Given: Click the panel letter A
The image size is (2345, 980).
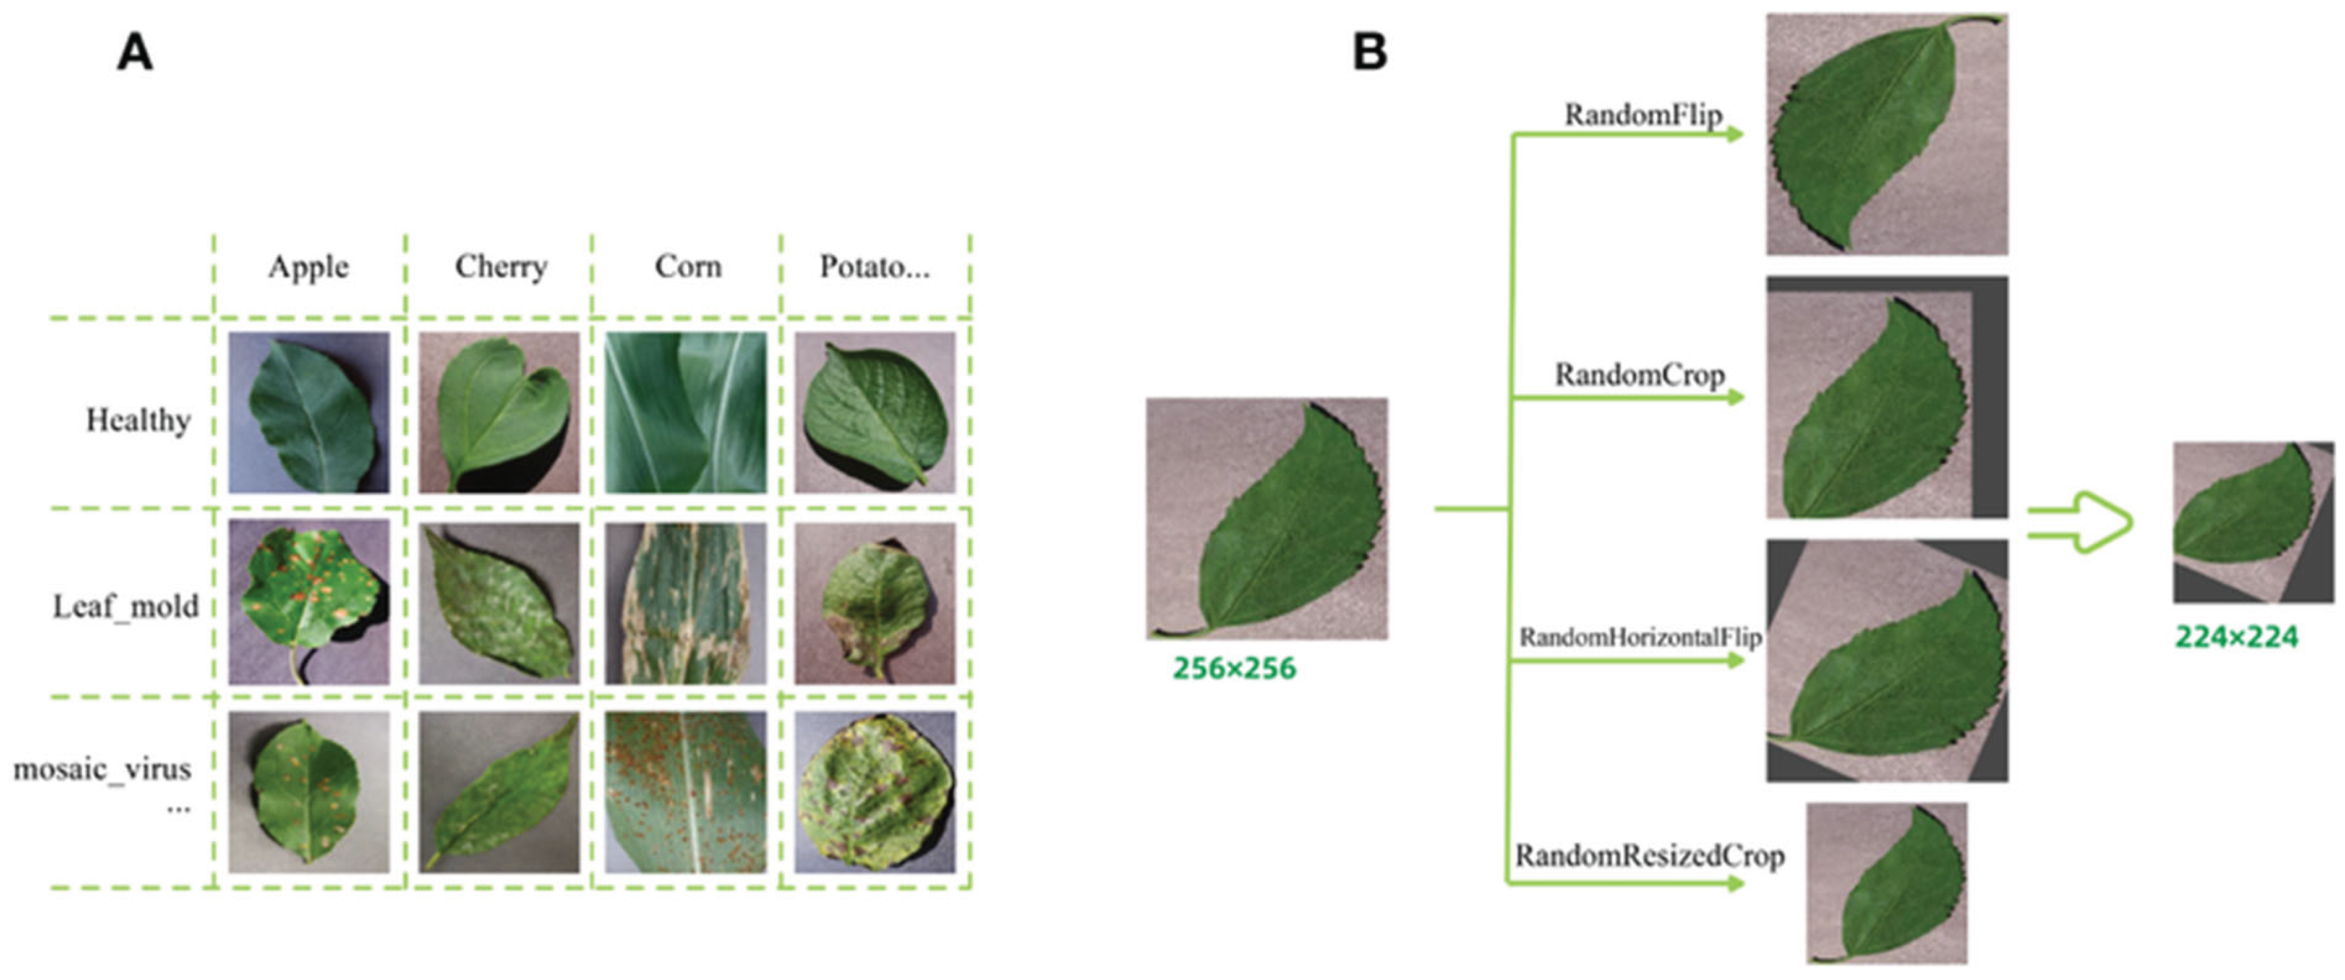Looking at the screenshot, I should tap(135, 53).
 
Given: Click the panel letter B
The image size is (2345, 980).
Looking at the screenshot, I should tap(1369, 53).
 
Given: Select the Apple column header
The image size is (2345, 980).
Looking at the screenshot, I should tap(309, 266).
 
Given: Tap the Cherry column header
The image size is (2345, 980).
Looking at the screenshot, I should tap(501, 266).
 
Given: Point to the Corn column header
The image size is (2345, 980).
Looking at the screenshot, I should tap(688, 266).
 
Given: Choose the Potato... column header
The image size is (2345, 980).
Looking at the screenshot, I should tap(874, 266).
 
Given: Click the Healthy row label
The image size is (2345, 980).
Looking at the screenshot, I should tap(139, 420).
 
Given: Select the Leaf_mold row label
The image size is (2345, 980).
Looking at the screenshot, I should tap(126, 606).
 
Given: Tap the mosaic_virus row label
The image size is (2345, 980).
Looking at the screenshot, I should tap(102, 770).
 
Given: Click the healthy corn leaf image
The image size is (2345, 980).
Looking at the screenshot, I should tap(685, 412).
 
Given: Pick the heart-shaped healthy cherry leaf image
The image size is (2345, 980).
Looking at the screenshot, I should tap(499, 412).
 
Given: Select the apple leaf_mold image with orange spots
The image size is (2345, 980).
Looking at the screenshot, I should tap(309, 602).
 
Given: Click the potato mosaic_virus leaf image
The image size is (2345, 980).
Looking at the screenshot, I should tap(875, 791).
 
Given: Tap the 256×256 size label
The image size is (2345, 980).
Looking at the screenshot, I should tap(1234, 669).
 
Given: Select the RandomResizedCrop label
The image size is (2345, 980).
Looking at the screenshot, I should tap(1649, 856).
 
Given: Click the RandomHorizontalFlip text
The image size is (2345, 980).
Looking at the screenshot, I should tap(1639, 637).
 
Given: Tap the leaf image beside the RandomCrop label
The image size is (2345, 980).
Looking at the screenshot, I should tap(1886, 398).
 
